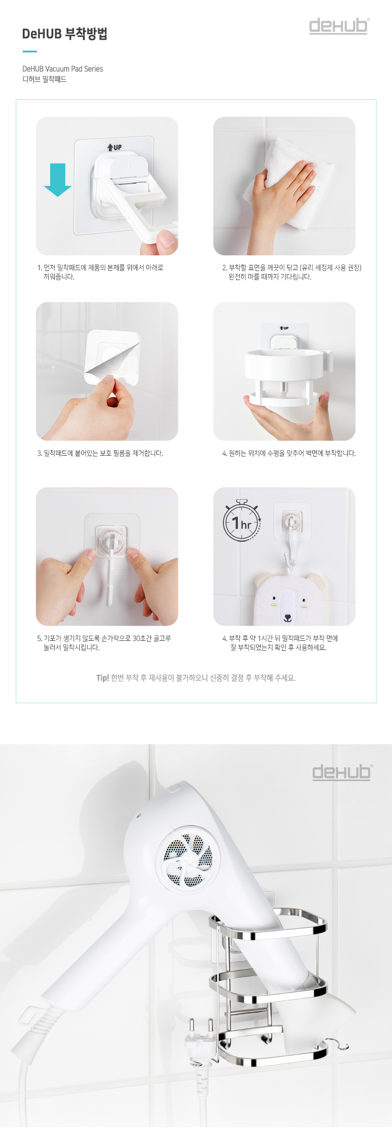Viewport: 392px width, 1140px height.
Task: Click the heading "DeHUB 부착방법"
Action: click(65, 34)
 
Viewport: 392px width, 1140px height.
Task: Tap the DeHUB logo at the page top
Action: click(339, 26)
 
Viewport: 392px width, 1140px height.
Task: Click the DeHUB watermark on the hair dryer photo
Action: click(342, 772)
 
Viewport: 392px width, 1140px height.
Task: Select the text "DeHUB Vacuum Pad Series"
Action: click(62, 69)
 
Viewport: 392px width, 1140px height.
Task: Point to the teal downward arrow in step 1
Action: click(57, 180)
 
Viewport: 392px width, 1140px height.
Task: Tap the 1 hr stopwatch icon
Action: click(242, 520)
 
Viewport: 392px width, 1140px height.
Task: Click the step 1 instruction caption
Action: click(100, 272)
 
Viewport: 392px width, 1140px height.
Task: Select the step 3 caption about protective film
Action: click(100, 453)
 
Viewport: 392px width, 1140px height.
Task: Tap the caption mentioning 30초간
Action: click(104, 643)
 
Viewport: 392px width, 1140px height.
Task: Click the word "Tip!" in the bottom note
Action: click(103, 678)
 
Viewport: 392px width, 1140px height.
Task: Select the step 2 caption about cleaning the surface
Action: click(292, 272)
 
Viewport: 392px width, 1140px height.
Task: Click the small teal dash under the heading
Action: click(30, 52)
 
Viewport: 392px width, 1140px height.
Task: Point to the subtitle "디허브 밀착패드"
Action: click(45, 79)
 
